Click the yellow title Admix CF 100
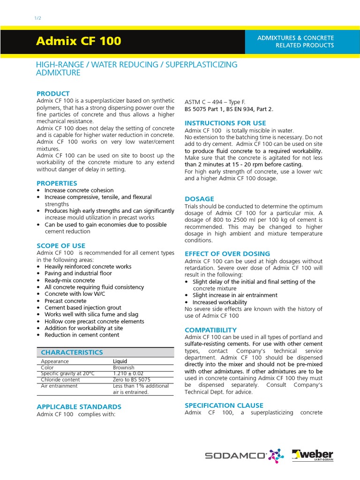tap(78, 41)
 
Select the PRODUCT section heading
tap(53, 94)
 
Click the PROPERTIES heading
tap(57, 183)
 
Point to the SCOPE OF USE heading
tap(61, 246)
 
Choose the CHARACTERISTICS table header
tap(72, 352)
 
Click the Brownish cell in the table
tap(124, 368)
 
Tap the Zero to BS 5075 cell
tap(131, 380)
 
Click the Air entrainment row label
tap(60, 386)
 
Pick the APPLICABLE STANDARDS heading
tap(79, 407)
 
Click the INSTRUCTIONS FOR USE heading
tap(225, 123)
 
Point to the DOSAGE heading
tap(199, 199)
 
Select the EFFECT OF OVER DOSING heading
tap(227, 254)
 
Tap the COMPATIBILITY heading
tap(210, 330)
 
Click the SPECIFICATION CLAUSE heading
tap(224, 405)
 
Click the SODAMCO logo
tap(244, 455)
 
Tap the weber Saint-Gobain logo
tap(313, 455)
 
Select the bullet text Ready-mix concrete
tap(69, 280)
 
